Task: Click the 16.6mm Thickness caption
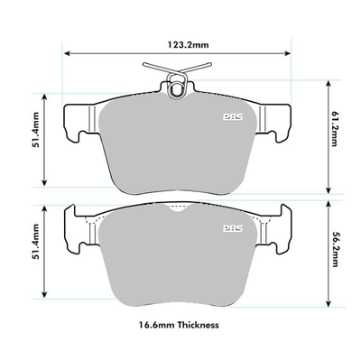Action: coord(180,323)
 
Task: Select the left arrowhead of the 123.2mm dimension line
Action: coord(65,52)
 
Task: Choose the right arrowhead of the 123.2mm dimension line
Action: coord(296,52)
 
